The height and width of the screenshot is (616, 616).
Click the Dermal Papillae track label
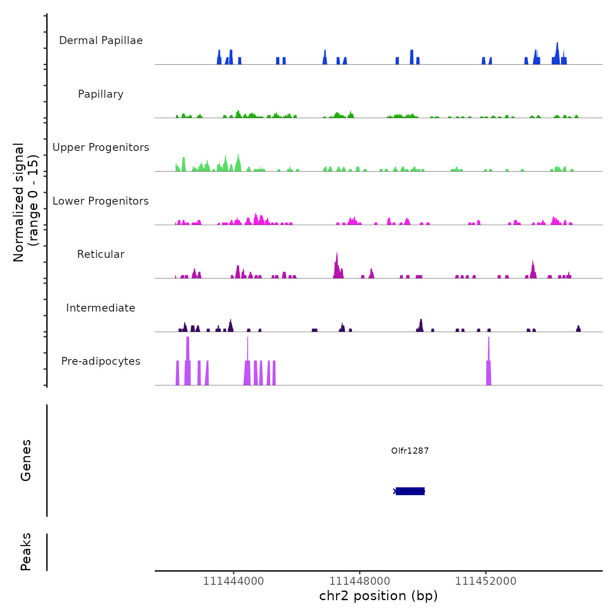pos(101,40)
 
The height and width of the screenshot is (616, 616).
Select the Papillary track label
pos(101,94)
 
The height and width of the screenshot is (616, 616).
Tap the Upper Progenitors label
pos(101,147)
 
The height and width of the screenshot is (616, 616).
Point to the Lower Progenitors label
pos(101,201)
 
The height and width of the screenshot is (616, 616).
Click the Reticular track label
pos(101,254)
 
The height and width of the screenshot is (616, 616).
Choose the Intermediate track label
pos(101,308)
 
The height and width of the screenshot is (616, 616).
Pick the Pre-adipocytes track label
pos(101,361)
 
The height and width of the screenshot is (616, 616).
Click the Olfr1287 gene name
pos(410,451)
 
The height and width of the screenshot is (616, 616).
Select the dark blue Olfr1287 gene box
pos(410,491)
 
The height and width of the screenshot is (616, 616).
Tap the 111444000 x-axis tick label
pos(234,581)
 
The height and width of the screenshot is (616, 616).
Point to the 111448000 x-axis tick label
pos(360,581)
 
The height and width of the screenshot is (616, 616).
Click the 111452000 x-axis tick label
pos(486,581)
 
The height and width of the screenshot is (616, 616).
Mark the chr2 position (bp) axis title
pos(378,596)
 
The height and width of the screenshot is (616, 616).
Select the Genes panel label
pos(26,460)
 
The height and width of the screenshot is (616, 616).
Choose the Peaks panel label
pos(26,552)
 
